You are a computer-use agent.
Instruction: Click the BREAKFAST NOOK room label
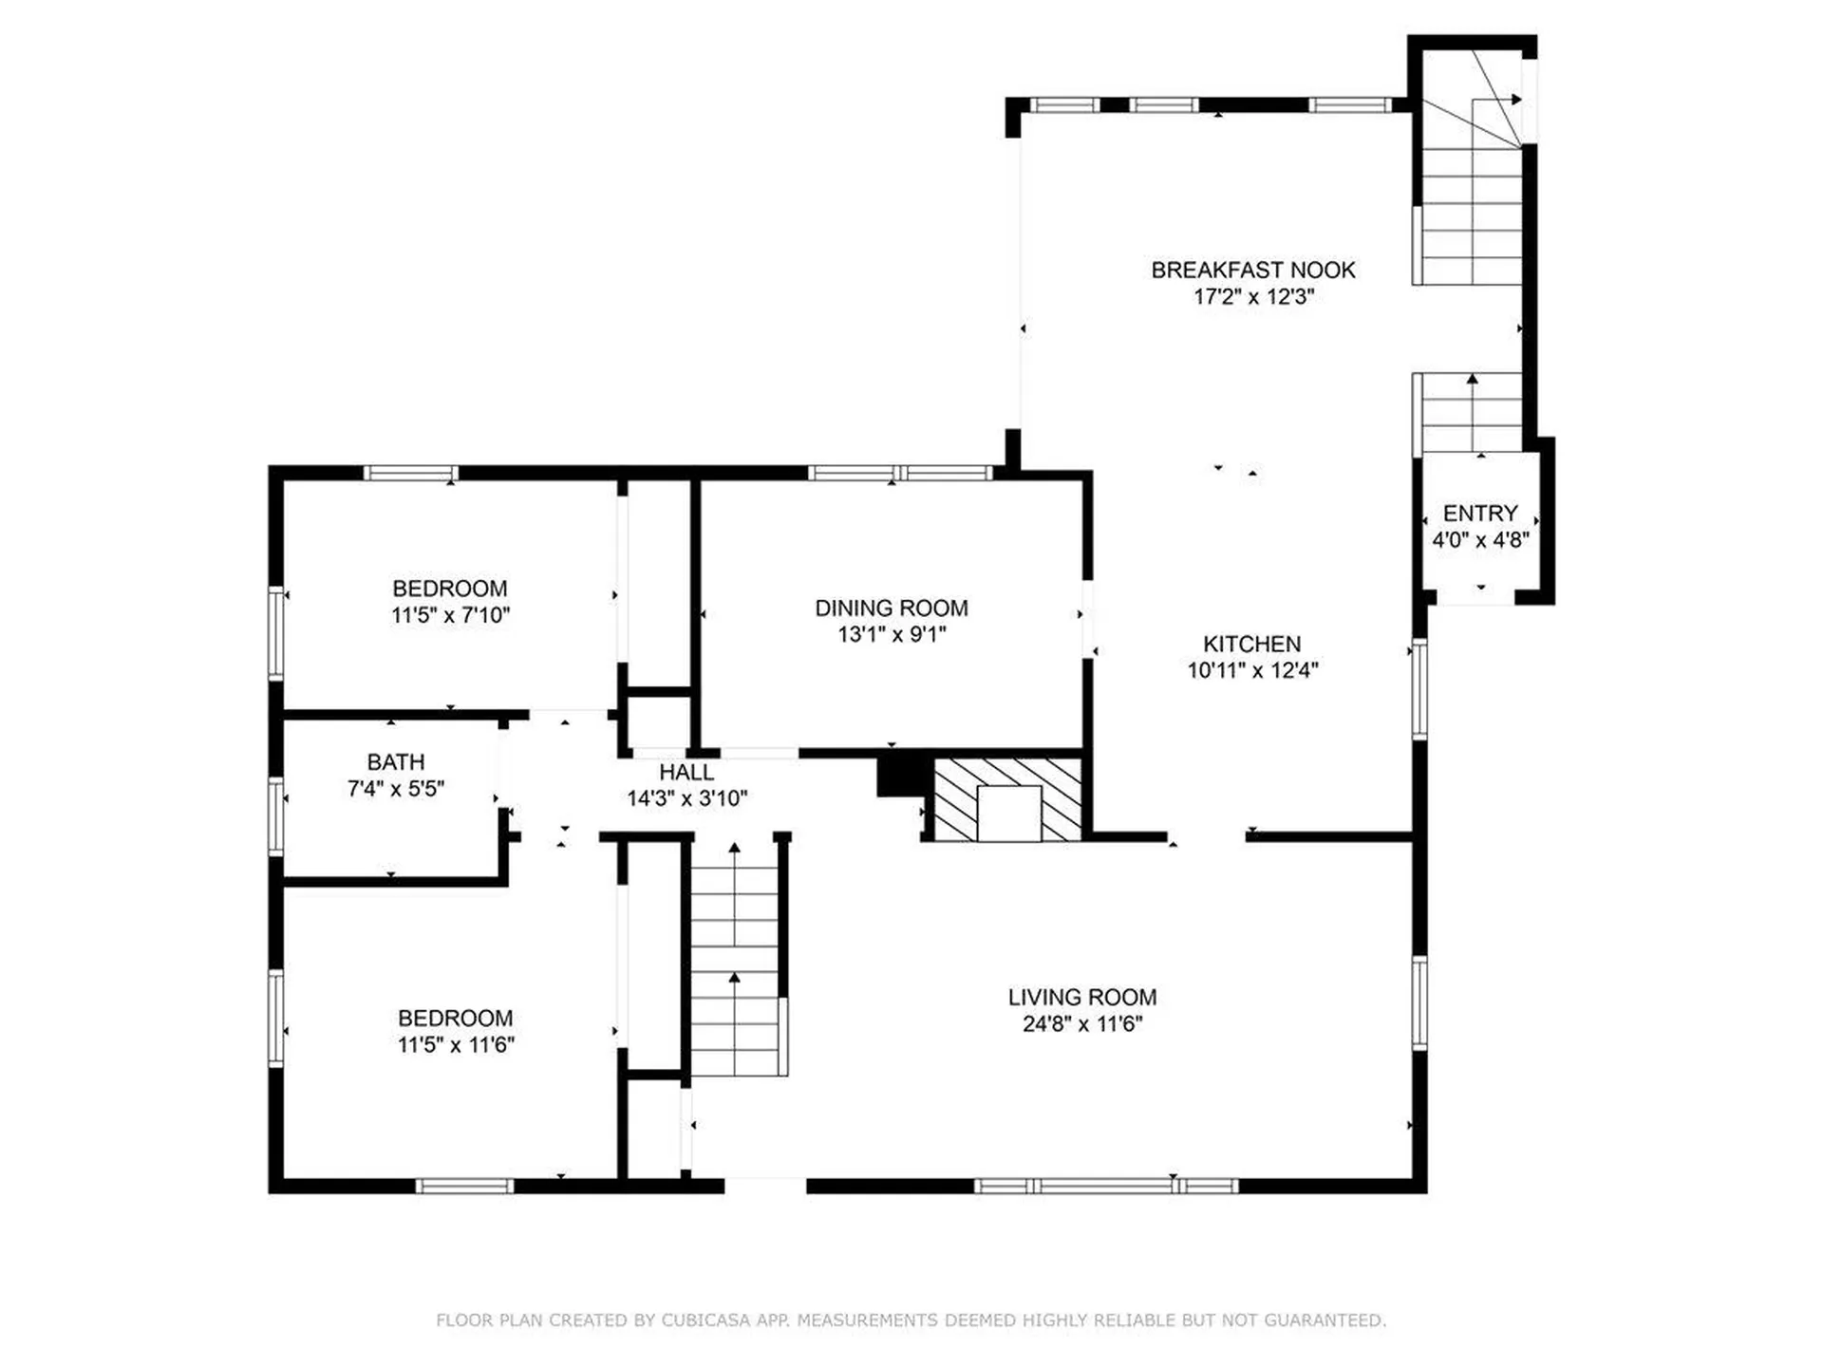(1252, 271)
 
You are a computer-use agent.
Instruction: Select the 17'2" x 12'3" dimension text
(1252, 297)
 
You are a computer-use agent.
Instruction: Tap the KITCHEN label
(1251, 644)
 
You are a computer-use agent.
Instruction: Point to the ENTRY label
(1479, 514)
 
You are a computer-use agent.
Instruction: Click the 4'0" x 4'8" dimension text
(1479, 540)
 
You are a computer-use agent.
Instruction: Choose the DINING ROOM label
(891, 609)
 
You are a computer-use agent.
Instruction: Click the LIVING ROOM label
(1081, 998)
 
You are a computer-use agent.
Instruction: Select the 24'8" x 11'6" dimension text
(1081, 1024)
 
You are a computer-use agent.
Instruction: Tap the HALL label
(686, 772)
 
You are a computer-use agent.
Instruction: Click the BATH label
(395, 762)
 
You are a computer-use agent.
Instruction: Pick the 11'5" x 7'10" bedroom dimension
(450, 615)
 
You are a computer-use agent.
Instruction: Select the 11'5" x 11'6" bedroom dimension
(455, 1045)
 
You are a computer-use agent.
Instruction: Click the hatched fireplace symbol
(1008, 799)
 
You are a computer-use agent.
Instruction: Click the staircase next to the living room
(734, 959)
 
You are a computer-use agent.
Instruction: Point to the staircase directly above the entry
(1471, 414)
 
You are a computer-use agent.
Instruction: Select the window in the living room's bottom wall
(1106, 1186)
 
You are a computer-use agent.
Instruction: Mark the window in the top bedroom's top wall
(411, 473)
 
